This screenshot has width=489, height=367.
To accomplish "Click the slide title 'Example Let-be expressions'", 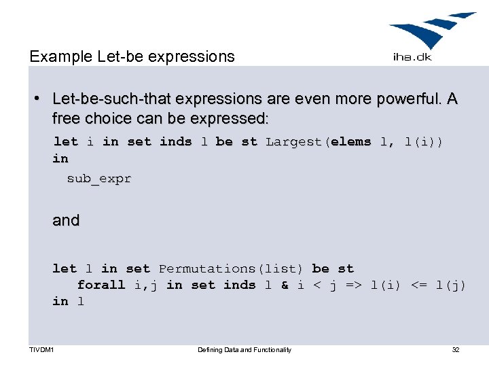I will point(132,56).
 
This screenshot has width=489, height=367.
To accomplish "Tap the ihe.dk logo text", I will point(412,57).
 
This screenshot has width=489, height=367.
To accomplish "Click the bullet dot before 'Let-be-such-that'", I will point(40,99).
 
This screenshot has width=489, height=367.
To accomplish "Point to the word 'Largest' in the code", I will point(295,142).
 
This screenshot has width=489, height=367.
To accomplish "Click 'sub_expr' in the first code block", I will point(98,179).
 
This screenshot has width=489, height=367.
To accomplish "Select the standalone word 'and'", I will point(66,220).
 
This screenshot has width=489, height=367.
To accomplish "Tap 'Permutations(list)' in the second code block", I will point(231,269).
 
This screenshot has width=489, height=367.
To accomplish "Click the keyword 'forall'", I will point(101,285).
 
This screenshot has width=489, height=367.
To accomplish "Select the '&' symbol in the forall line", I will point(285,285).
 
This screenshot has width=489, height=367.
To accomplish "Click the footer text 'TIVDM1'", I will point(41,350).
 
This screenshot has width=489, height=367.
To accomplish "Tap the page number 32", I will point(456,350).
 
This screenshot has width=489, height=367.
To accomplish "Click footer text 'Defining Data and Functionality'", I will point(244,350).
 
